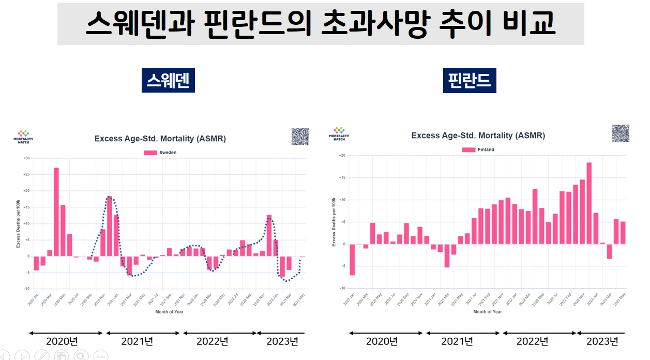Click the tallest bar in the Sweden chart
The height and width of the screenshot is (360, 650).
(56, 212)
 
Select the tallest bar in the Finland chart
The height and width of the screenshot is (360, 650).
(589, 203)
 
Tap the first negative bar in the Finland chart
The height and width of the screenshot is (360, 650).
(352, 260)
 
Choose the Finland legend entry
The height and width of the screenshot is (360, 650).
(478, 149)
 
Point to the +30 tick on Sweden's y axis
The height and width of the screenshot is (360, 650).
(26, 158)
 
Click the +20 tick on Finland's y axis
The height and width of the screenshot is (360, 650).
(342, 155)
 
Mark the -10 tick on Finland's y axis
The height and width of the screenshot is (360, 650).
(342, 288)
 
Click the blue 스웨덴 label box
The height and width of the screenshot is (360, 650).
(168, 80)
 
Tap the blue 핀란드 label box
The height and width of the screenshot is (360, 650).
(470, 81)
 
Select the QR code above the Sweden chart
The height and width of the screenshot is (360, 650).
(300, 137)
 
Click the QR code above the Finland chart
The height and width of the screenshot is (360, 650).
(620, 133)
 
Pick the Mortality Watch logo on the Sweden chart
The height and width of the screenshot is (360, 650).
(23, 137)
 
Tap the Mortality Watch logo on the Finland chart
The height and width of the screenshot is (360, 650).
(339, 134)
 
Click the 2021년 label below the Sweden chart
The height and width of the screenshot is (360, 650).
(137, 341)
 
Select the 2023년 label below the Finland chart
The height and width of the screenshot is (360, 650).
(602, 341)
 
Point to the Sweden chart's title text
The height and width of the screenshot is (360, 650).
(160, 139)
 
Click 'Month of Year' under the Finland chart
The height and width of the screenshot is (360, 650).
(487, 312)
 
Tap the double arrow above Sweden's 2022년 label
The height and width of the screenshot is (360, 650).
(220, 333)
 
